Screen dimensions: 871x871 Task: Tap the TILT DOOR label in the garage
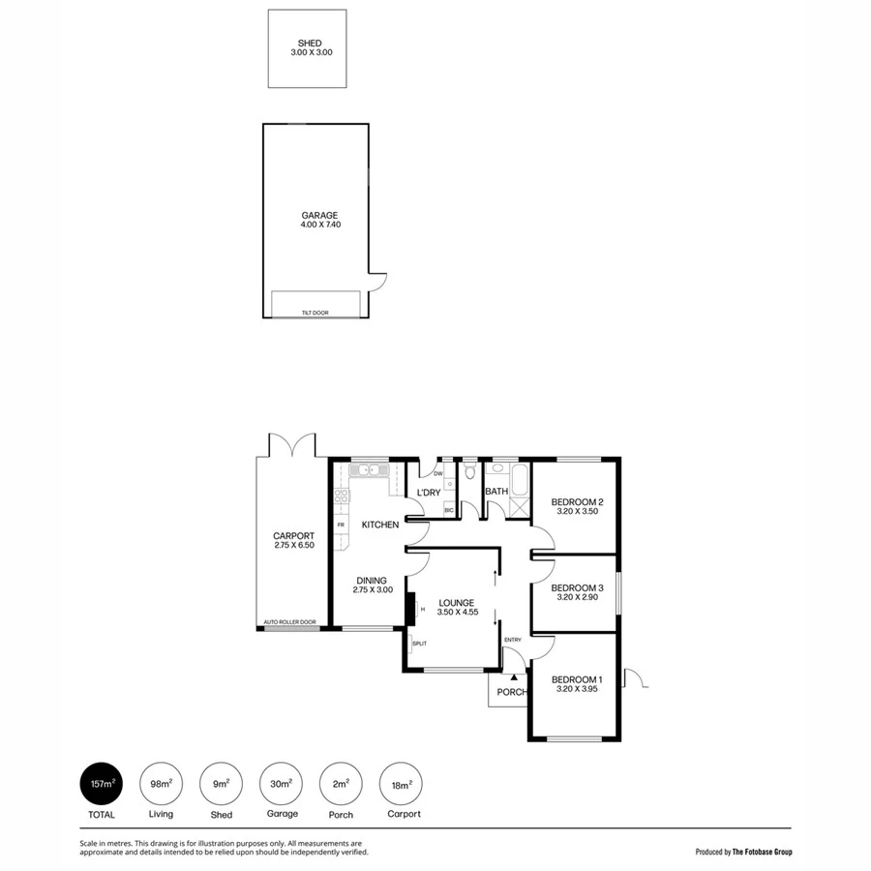click(x=316, y=313)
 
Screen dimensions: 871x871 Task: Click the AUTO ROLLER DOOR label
click(x=290, y=622)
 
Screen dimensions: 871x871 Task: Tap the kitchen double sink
click(x=368, y=470)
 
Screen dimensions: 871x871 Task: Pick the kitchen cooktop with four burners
click(x=341, y=499)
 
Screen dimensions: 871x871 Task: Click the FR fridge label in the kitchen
click(x=341, y=526)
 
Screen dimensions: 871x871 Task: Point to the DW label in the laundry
click(x=438, y=474)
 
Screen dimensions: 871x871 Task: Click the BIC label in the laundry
click(x=448, y=509)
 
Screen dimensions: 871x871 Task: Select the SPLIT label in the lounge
click(x=419, y=644)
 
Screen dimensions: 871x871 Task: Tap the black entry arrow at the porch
click(x=514, y=678)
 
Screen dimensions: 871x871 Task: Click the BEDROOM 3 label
click(x=578, y=587)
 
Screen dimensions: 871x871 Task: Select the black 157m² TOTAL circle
click(x=102, y=784)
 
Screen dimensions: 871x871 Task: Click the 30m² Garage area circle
click(x=281, y=784)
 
